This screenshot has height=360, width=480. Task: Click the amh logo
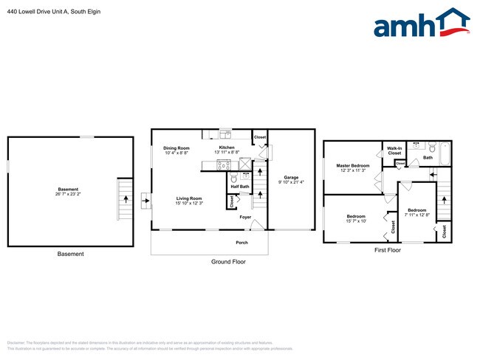tap(422, 24)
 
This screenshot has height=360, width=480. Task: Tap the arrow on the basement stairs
tap(125, 198)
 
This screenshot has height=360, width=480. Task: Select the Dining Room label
tap(176, 148)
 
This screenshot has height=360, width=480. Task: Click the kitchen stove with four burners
tap(223, 165)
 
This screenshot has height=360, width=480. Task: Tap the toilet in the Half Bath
tap(234, 178)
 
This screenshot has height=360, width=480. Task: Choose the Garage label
tap(291, 178)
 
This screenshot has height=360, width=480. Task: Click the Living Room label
tap(189, 198)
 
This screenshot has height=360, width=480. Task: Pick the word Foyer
tap(245, 217)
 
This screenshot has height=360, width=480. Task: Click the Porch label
tap(241, 242)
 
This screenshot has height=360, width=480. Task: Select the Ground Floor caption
tap(228, 262)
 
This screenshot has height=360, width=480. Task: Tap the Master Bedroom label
tap(353, 165)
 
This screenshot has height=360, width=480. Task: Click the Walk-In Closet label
tap(394, 150)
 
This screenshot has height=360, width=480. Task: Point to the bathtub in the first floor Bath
tap(444, 153)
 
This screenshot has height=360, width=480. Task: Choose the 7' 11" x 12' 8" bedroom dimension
tap(417, 215)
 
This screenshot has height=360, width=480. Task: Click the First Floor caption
tap(386, 251)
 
